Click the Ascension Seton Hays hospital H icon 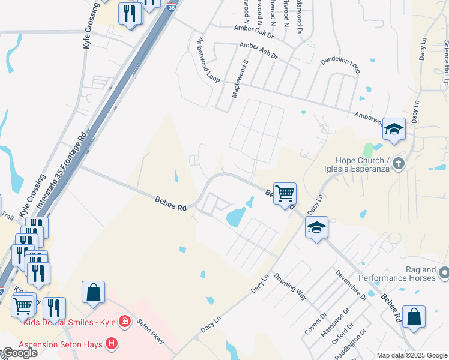click(111, 344)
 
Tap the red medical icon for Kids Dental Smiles click(125, 322)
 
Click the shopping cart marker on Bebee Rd click(285, 194)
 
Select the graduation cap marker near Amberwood click(394, 129)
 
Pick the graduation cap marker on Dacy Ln click(316, 228)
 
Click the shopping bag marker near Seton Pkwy click(93, 293)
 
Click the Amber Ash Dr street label click(258, 50)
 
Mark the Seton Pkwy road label click(151, 330)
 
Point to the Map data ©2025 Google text click(412, 355)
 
